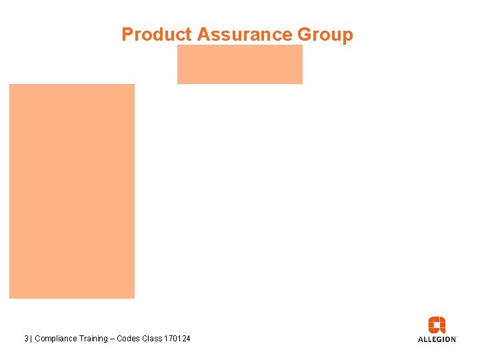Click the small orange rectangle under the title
click(239, 65)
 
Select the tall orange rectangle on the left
click(71, 191)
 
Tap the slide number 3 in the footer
click(26, 339)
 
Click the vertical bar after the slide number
click(31, 339)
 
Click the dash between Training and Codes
click(113, 339)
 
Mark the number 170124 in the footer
click(177, 339)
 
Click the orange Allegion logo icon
click(437, 325)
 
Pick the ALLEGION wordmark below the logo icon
click(437, 339)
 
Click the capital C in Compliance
click(37, 339)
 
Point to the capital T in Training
click(80, 339)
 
